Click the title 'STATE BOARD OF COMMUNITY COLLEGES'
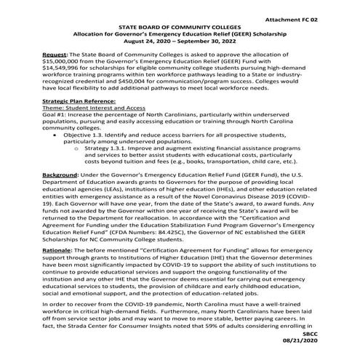pyautogui.click(x=180, y=25)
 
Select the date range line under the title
pyautogui.click(x=180, y=41)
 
